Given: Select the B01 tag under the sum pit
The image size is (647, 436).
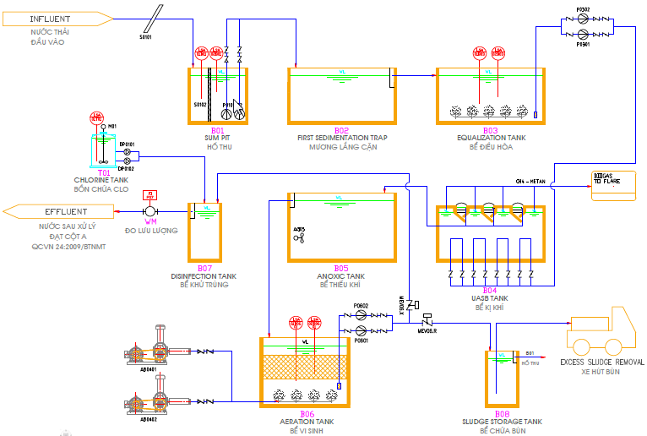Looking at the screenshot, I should point(217,131).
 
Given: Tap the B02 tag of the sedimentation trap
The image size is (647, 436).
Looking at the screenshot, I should point(341,131).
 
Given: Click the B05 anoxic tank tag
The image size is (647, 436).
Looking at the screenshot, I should point(341,269).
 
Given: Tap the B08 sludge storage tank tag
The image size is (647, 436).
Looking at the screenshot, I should point(503,414).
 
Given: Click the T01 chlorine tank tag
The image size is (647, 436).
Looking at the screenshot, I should point(104,172).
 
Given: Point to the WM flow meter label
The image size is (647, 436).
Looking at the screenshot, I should point(151,221).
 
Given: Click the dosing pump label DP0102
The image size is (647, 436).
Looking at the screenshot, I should point(127,168).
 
